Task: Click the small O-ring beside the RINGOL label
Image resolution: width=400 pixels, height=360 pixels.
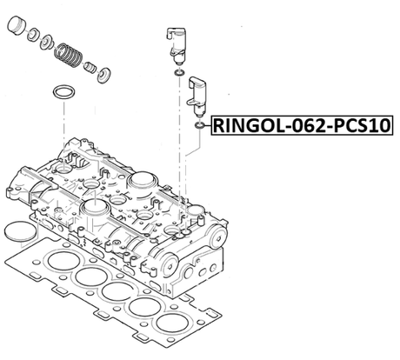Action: coord(199,127)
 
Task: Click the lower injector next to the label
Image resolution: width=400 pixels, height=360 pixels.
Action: coord(199,92)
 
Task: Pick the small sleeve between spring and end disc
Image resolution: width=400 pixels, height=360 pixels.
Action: coord(92,70)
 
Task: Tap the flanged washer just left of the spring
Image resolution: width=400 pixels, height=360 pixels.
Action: coord(49,44)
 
